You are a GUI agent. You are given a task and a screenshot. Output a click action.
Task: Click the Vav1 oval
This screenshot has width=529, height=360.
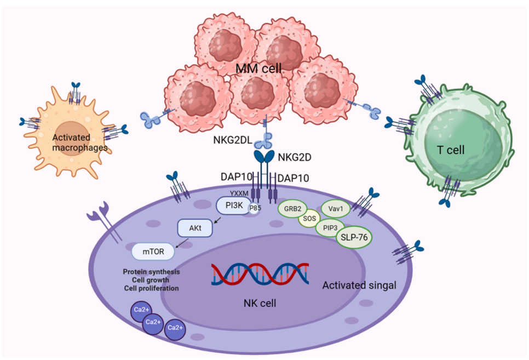point(335,208)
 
